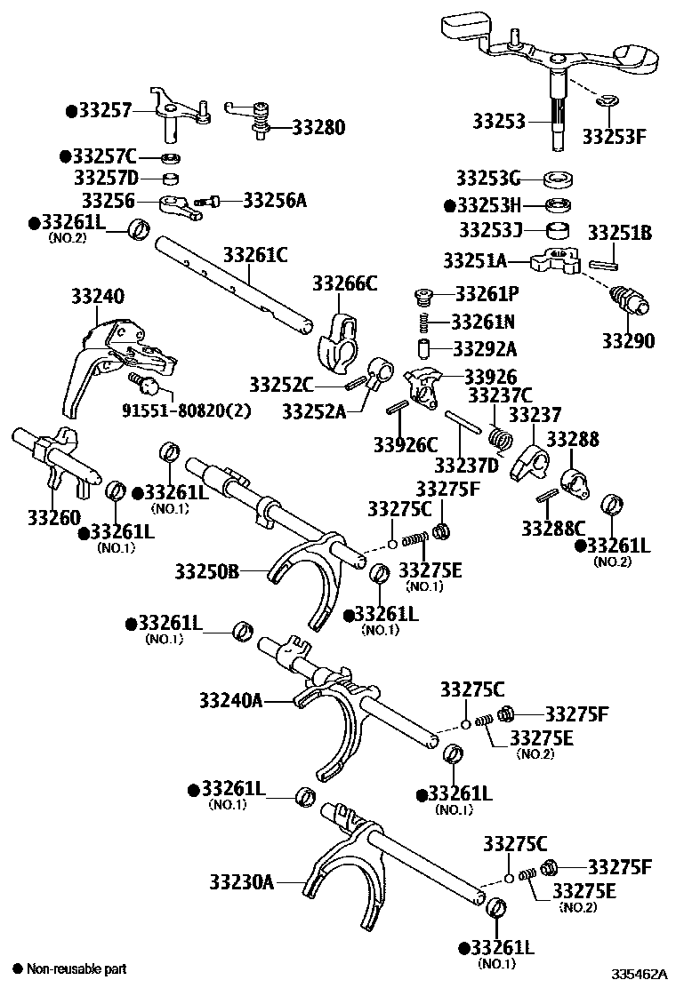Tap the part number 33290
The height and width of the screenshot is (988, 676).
[627, 341]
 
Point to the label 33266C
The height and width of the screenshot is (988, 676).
[344, 283]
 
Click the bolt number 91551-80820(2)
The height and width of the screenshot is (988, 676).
[186, 411]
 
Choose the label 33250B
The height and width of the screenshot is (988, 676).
[206, 571]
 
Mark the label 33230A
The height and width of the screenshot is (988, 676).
[241, 882]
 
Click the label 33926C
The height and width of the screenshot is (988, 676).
[406, 442]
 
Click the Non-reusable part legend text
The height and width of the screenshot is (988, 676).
[76, 968]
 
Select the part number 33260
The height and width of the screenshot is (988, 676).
[53, 517]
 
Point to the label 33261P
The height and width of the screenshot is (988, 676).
[486, 293]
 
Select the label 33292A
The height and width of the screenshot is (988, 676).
[485, 348]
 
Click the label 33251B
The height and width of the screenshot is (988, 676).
[620, 234]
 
